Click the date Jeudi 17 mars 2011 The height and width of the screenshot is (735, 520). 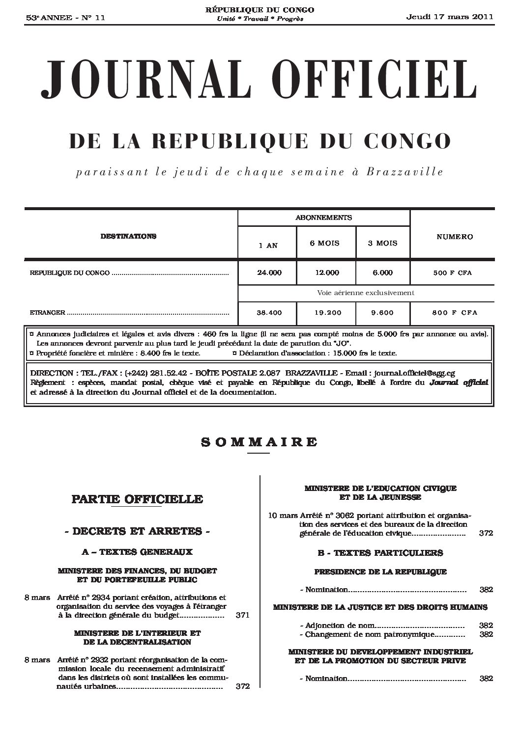[x=450, y=17]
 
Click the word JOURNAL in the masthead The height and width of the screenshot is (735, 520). [x=136, y=81]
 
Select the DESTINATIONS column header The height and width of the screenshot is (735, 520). [x=128, y=236]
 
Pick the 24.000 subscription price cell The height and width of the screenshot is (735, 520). [x=269, y=272]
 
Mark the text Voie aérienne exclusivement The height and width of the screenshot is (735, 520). [x=366, y=293]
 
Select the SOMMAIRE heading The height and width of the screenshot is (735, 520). [x=259, y=441]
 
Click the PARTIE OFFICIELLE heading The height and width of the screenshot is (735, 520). [x=137, y=499]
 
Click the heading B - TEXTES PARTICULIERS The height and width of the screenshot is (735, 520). [x=380, y=553]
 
